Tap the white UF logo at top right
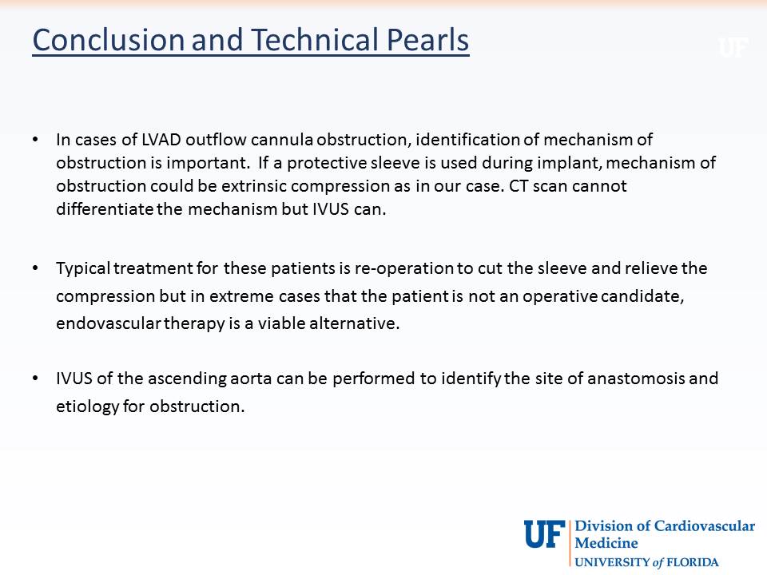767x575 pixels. [x=733, y=48]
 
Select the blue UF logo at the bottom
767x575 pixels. [x=544, y=534]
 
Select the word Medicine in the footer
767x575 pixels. [x=606, y=543]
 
